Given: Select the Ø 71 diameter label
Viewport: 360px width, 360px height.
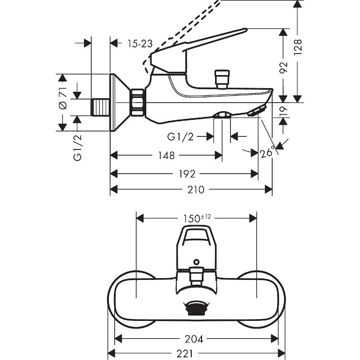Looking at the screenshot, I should click(63, 99).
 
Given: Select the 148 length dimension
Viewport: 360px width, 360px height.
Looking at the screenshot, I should click(166, 156).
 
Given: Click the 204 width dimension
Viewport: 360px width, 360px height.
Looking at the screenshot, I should click(196, 338).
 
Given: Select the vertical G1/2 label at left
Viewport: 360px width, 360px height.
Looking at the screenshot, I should click(77, 149).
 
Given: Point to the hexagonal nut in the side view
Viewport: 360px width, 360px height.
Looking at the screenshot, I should click(137, 103).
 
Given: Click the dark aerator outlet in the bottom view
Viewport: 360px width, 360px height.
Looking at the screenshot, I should click(196, 308).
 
